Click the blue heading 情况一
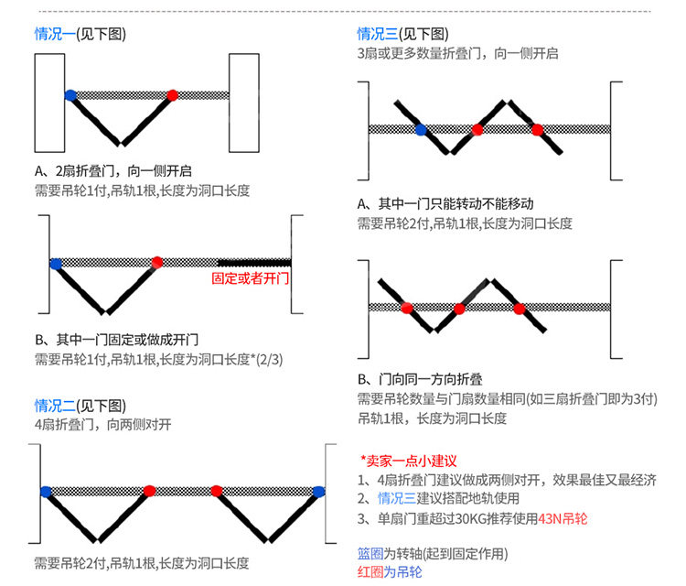pos(55,34)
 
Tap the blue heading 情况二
pos(55,406)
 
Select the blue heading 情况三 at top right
pos(378,34)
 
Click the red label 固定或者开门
pos(251,278)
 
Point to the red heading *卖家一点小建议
pos(408,461)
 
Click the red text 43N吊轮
pos(563,519)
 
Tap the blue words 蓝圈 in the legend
pos(370,554)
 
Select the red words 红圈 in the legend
pos(370,572)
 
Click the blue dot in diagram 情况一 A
pos(70,95)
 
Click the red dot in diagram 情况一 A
pos(172,95)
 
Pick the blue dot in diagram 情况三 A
pos(421,130)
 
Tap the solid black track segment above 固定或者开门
pos(254,263)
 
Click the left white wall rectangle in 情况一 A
pos(50,103)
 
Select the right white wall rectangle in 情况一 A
pos(244,103)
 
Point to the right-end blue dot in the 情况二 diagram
pos(319,492)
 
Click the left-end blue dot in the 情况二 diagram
pos(46,492)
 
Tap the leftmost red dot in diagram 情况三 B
pos(407,309)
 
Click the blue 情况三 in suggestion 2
pos(397,498)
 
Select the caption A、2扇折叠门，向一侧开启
pos(113,171)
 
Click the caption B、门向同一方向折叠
pos(420,379)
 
